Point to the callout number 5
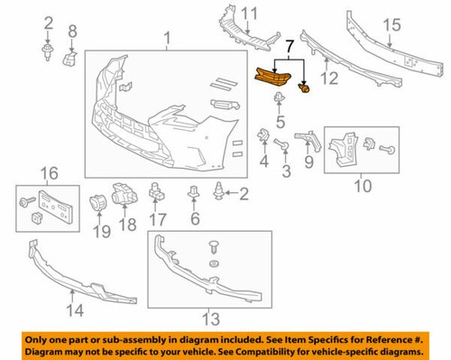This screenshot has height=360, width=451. [x=281, y=122]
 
